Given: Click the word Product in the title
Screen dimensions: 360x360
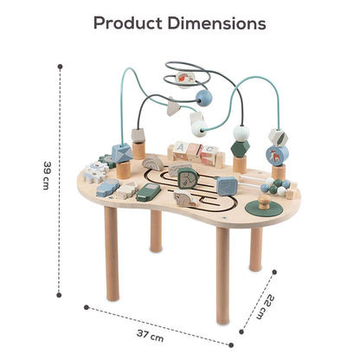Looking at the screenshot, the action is point(128,23).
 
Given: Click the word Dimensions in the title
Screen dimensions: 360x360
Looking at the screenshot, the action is point(216,23).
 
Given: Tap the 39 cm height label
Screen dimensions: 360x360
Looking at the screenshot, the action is point(47,175).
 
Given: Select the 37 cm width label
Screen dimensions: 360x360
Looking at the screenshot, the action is point(150,336).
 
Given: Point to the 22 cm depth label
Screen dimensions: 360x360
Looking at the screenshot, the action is point(266,307).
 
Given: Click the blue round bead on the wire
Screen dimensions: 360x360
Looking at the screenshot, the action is point(203,99).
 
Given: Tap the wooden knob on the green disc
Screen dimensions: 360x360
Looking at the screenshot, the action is point(264,202).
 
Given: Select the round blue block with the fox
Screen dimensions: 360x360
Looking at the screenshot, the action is point(277,155).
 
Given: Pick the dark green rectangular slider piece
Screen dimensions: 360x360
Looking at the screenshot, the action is point(148,192).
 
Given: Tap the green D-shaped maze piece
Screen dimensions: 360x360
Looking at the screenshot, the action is point(188,179).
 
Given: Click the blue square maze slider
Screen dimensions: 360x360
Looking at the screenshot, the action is point(227,186).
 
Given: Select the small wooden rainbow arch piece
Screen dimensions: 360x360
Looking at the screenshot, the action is point(153,164).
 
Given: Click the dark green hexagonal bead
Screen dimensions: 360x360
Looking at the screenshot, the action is point(240,148).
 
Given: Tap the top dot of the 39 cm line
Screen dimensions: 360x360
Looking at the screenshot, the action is point(60,67).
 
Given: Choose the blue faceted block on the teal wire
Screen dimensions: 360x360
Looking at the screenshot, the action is point(122,153).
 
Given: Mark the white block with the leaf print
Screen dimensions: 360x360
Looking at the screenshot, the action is point(278,137).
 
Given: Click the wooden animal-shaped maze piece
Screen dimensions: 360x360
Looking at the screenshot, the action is point(186,199).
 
